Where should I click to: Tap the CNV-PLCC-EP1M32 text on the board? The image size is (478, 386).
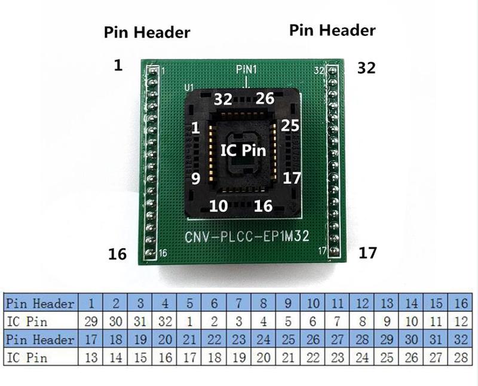click(x=247, y=237)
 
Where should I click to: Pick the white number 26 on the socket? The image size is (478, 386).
click(x=264, y=99)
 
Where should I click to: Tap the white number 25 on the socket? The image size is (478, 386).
click(x=289, y=126)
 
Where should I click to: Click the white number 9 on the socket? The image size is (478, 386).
click(x=195, y=178)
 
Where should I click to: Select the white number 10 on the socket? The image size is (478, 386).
click(x=218, y=206)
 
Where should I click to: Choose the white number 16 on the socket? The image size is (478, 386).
click(x=263, y=206)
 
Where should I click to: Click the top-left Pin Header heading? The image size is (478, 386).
click(x=147, y=31)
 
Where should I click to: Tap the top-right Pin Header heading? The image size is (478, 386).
click(x=332, y=30)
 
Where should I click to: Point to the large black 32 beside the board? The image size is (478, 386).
click(x=366, y=68)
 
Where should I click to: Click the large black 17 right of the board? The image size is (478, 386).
click(x=368, y=253)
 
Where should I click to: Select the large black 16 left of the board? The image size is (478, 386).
click(x=118, y=254)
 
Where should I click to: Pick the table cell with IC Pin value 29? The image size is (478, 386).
click(x=91, y=321)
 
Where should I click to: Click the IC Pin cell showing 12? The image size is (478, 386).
click(x=461, y=321)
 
